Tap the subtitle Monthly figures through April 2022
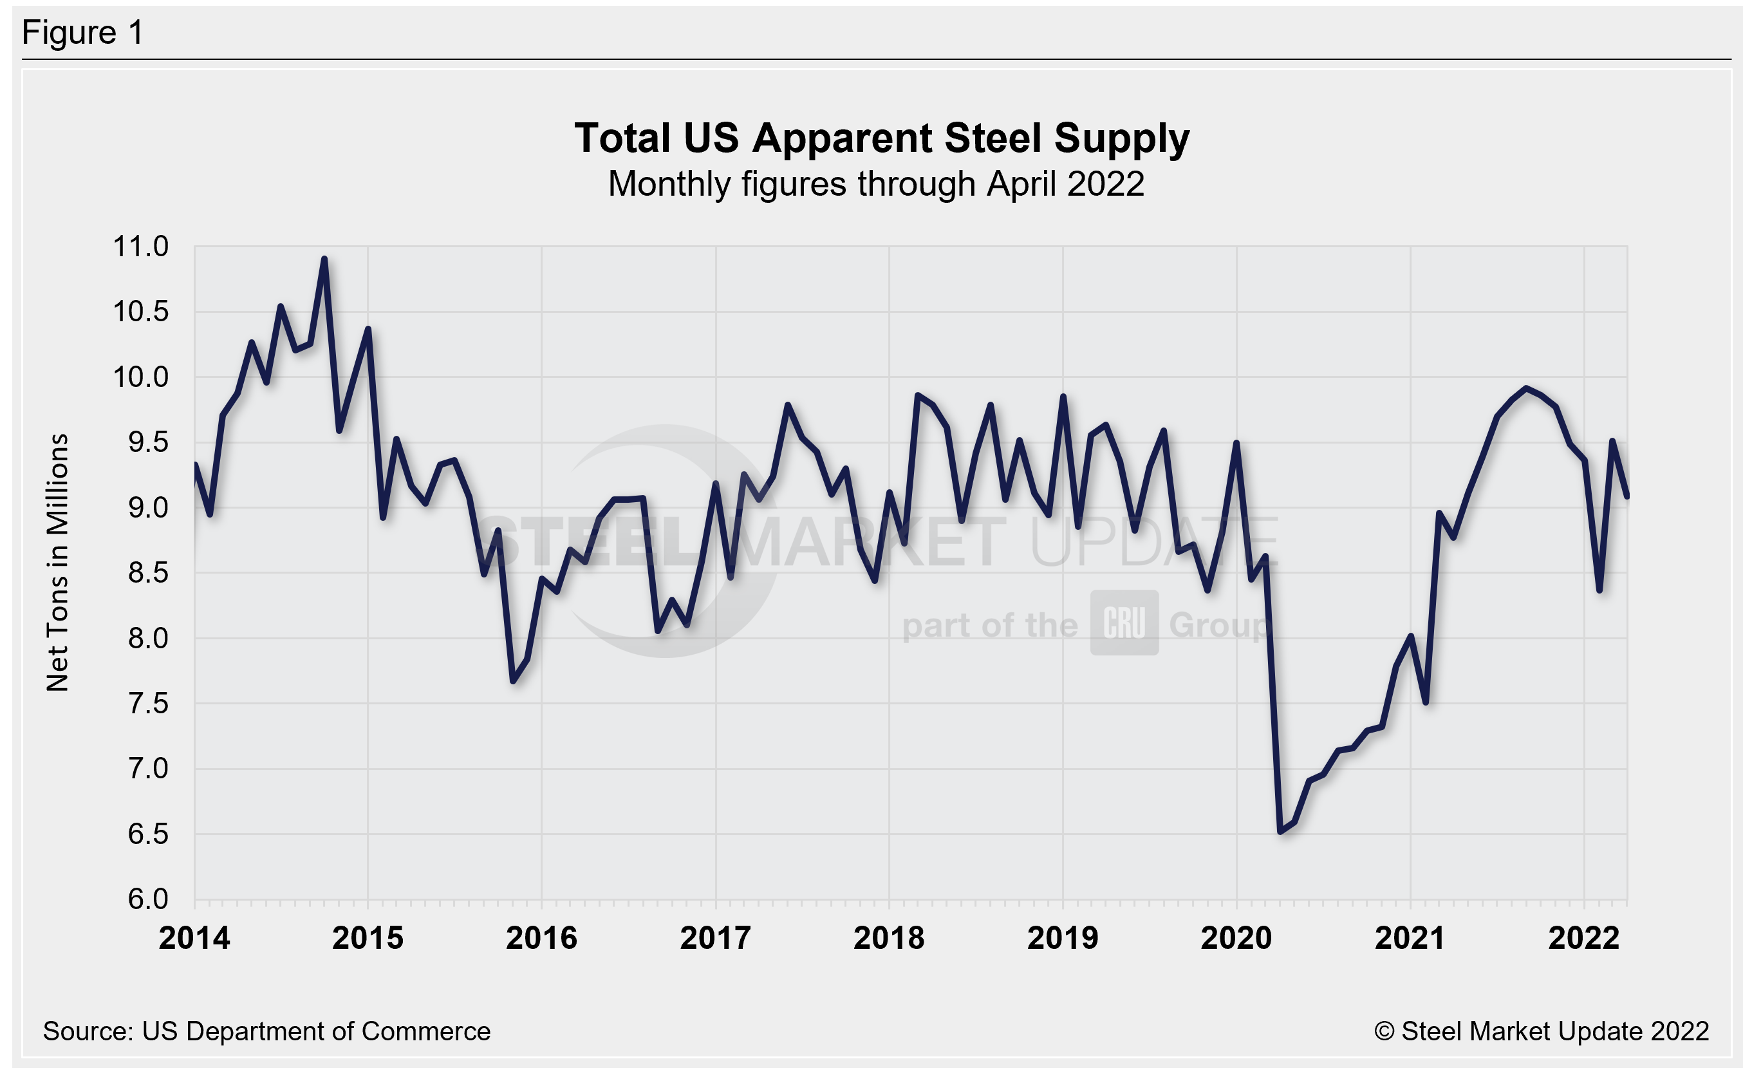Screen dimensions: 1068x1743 point(876,184)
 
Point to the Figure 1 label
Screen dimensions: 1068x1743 point(83,33)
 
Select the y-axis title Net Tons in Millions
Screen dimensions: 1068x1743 point(57,562)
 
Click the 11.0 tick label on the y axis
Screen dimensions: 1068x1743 point(141,247)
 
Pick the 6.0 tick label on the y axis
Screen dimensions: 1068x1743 point(148,899)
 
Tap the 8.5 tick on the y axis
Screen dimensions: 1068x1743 point(148,573)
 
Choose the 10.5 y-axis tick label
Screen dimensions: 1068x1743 point(141,311)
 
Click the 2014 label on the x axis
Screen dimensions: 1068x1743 point(194,939)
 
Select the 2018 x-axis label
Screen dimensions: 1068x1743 point(888,939)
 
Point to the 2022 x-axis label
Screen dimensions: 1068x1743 point(1583,939)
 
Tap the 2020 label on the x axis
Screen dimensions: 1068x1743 point(1236,939)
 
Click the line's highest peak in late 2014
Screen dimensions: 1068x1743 point(324,259)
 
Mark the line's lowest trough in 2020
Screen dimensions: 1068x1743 point(1280,831)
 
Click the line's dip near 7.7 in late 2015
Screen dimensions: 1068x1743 point(514,681)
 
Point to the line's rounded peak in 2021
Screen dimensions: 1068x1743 point(1526,388)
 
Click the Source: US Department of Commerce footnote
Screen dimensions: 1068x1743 point(266,1031)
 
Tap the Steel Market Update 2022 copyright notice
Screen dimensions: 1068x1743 point(1541,1031)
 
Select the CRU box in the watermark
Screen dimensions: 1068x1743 point(1123,623)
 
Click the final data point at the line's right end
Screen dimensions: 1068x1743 point(1627,496)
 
